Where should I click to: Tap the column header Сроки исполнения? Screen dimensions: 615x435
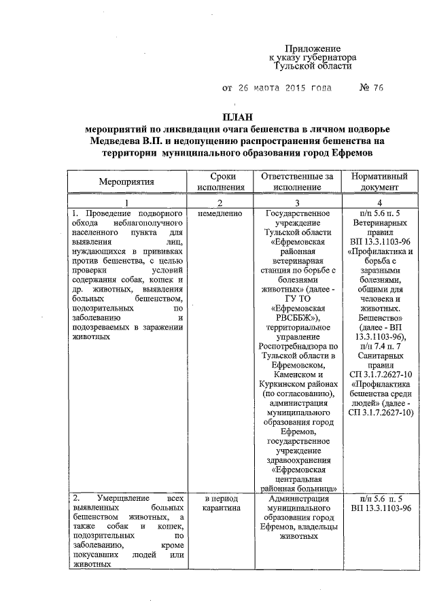click(220, 181)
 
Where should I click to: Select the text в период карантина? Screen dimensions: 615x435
click(220, 504)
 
